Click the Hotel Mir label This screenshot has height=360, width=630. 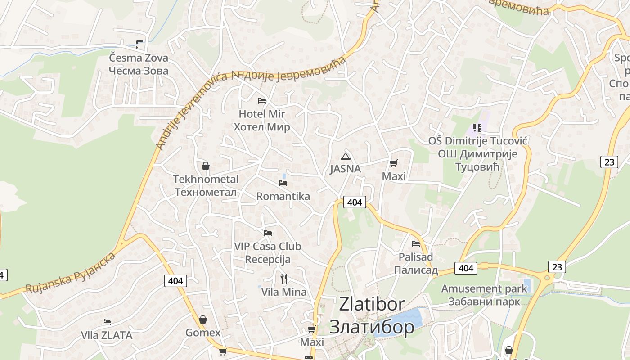(x=261, y=120)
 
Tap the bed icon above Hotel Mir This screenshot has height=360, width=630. (x=262, y=100)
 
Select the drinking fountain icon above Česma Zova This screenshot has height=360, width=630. (x=139, y=44)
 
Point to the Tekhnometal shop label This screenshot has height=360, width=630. (x=206, y=185)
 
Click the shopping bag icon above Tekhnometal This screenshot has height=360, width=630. (x=206, y=166)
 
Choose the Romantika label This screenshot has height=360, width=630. (x=283, y=196)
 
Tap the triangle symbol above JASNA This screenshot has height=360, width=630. (x=345, y=156)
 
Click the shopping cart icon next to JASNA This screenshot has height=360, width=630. (x=394, y=163)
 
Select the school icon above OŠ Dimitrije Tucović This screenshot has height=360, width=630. (x=477, y=128)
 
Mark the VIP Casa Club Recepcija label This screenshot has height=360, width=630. (x=268, y=253)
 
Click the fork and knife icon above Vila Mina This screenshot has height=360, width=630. (x=284, y=278)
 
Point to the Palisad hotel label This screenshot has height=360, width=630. (x=416, y=263)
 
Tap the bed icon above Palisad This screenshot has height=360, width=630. (x=416, y=244)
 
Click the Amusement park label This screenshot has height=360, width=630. (x=484, y=295)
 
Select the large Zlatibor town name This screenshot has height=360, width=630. (x=372, y=315)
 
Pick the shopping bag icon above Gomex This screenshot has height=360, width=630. (x=203, y=319)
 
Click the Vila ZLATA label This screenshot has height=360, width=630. (x=107, y=335)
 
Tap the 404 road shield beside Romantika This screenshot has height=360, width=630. (x=355, y=202)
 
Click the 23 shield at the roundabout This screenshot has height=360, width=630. (x=557, y=267)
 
